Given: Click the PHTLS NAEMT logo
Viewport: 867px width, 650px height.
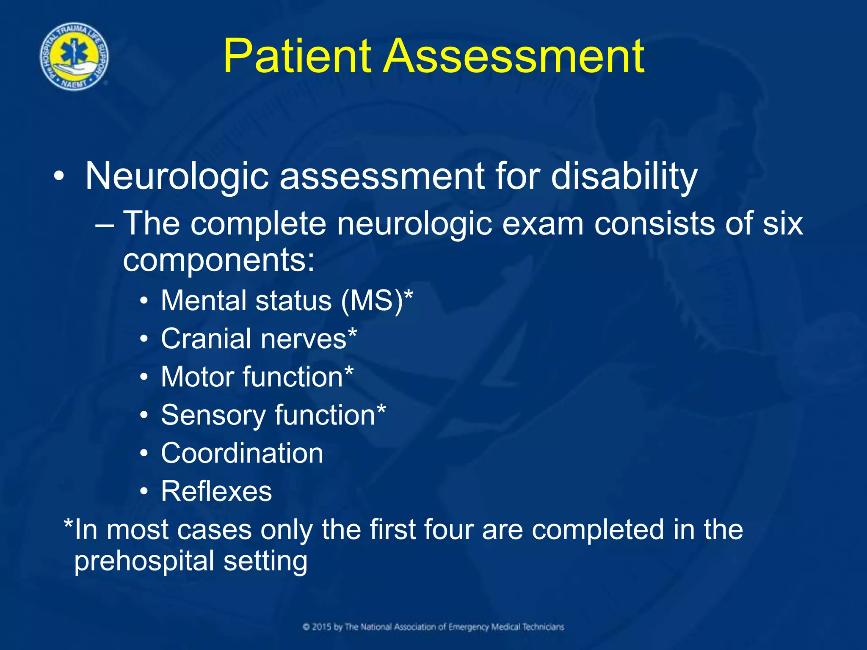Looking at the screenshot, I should click(74, 56).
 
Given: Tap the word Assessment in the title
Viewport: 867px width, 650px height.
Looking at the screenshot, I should click(514, 56).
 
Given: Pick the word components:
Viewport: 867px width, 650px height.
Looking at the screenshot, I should click(219, 260).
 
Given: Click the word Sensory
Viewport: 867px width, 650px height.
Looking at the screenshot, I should click(213, 415).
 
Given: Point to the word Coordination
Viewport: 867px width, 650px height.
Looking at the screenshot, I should click(242, 453).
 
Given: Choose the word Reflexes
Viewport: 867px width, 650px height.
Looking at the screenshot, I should click(216, 491).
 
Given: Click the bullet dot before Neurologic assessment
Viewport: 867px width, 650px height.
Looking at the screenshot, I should click(59, 177).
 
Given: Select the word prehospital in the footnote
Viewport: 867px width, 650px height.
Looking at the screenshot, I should click(144, 562).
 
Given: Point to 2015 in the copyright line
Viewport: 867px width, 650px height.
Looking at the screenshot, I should click(322, 627).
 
